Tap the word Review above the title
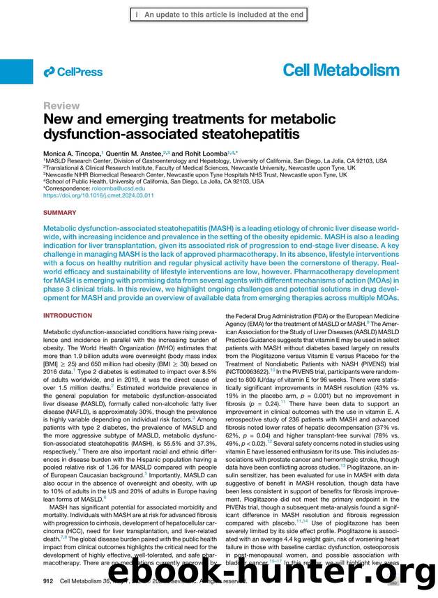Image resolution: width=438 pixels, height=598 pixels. coord(61,105)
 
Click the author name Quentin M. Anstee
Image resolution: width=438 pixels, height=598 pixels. coord(134,152)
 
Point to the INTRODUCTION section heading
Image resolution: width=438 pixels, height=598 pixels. coord(67,315)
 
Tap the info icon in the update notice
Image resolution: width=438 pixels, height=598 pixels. coord(137,13)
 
